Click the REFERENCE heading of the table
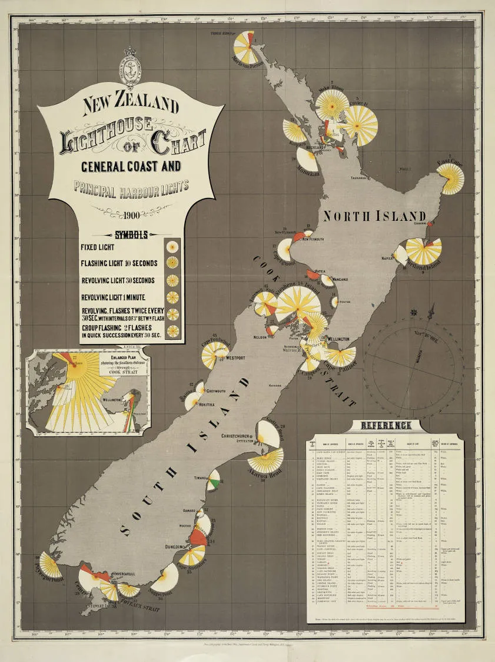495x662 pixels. (386, 426)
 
